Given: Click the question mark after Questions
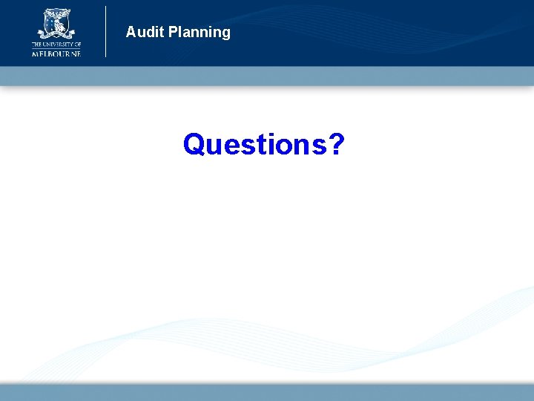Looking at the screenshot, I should pos(335,144).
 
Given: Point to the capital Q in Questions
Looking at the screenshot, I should pos(194,144).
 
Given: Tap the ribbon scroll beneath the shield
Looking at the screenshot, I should pos(56,35).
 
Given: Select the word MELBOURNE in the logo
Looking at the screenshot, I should pos(56,53).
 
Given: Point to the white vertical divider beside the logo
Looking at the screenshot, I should pos(106,31).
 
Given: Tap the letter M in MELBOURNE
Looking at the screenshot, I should pos(35,53).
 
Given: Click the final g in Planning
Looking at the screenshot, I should pos(225,34).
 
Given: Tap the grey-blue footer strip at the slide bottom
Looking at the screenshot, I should pos(267,392).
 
